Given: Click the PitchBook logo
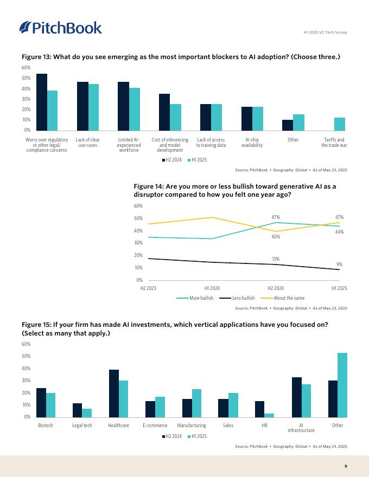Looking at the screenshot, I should [x=60, y=28].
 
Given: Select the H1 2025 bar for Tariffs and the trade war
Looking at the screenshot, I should [x=339, y=124].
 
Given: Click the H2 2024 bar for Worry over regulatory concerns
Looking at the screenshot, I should [x=42, y=102].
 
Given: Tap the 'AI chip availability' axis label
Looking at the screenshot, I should [x=252, y=143].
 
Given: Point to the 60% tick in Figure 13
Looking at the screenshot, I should [x=26, y=68].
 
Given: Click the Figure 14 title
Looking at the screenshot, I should [x=234, y=190].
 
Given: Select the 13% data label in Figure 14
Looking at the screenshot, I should [x=276, y=259].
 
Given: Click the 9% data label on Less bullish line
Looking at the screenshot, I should [x=339, y=264].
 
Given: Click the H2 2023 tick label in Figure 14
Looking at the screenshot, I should [x=148, y=288].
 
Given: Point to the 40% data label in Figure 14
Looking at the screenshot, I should [x=276, y=237].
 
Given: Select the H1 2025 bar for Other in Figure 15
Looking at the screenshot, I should [x=342, y=385].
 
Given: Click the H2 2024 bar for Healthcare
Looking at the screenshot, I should [x=113, y=394].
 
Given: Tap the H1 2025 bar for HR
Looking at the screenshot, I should [x=269, y=415].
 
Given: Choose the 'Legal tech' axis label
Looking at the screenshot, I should [x=82, y=426].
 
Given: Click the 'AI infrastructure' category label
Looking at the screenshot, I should [x=301, y=428].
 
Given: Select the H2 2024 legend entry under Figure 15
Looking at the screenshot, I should [x=171, y=436].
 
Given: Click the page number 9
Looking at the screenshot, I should [x=346, y=466].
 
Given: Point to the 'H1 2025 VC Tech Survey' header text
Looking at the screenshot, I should [x=325, y=33].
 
